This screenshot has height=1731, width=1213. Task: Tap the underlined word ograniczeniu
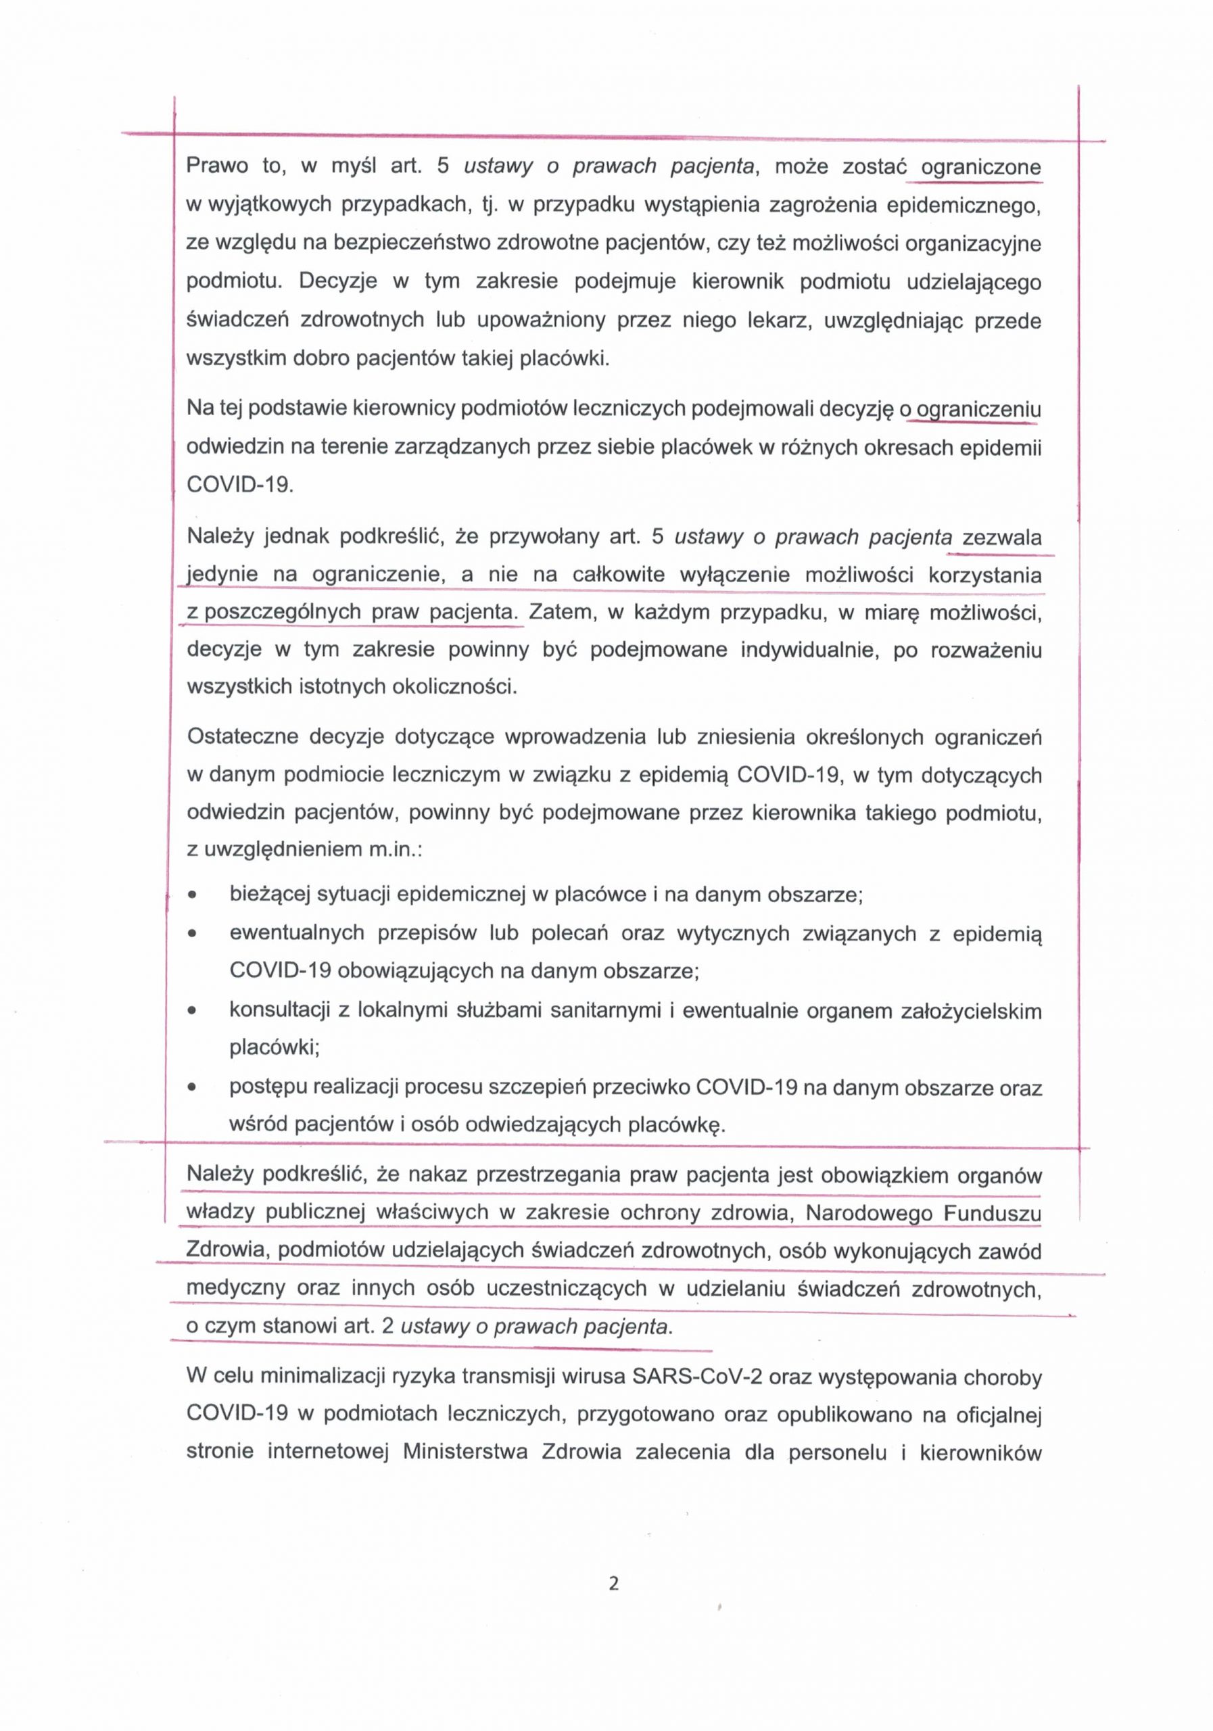click(978, 409)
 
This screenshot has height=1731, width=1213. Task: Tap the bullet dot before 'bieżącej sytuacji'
click(194, 896)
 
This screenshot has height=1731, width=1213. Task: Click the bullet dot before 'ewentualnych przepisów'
click(194, 933)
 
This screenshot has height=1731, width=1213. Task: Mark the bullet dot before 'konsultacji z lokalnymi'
click(194, 1011)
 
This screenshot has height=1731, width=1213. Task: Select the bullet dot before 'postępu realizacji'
click(194, 1088)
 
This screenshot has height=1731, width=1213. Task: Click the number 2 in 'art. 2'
click(387, 1326)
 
